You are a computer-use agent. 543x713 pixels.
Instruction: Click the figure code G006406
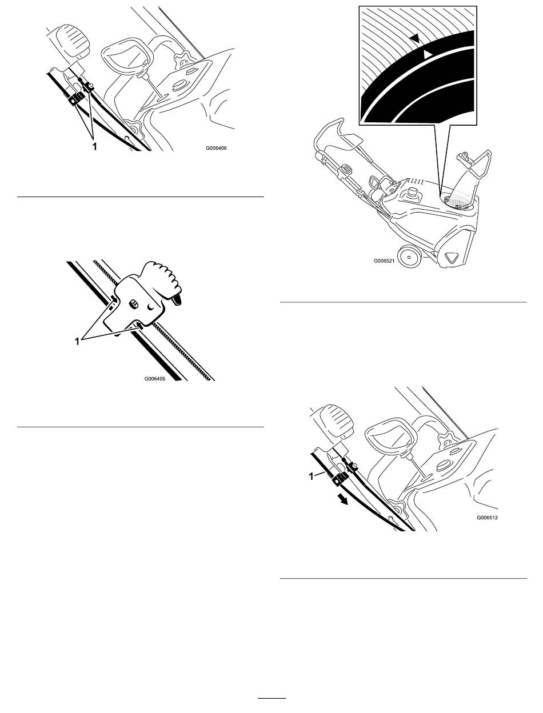[x=216, y=148]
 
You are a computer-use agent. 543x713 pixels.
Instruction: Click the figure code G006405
[x=155, y=378]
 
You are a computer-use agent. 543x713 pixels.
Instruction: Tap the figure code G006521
[x=384, y=261]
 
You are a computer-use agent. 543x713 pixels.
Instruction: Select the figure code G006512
[x=487, y=518]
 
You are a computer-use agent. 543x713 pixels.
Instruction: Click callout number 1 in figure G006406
[x=94, y=146]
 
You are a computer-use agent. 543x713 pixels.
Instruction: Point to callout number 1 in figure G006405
[x=77, y=342]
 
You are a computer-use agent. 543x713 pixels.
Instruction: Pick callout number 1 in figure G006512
[x=312, y=476]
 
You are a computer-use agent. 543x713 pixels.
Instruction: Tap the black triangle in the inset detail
[x=414, y=39]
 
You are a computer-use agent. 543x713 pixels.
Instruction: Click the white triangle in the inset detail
[x=428, y=55]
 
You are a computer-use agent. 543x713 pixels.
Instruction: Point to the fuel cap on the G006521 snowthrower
[x=413, y=193]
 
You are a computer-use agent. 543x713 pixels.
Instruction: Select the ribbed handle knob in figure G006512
[x=336, y=422]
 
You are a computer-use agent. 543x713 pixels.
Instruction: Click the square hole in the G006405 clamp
[x=133, y=304]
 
